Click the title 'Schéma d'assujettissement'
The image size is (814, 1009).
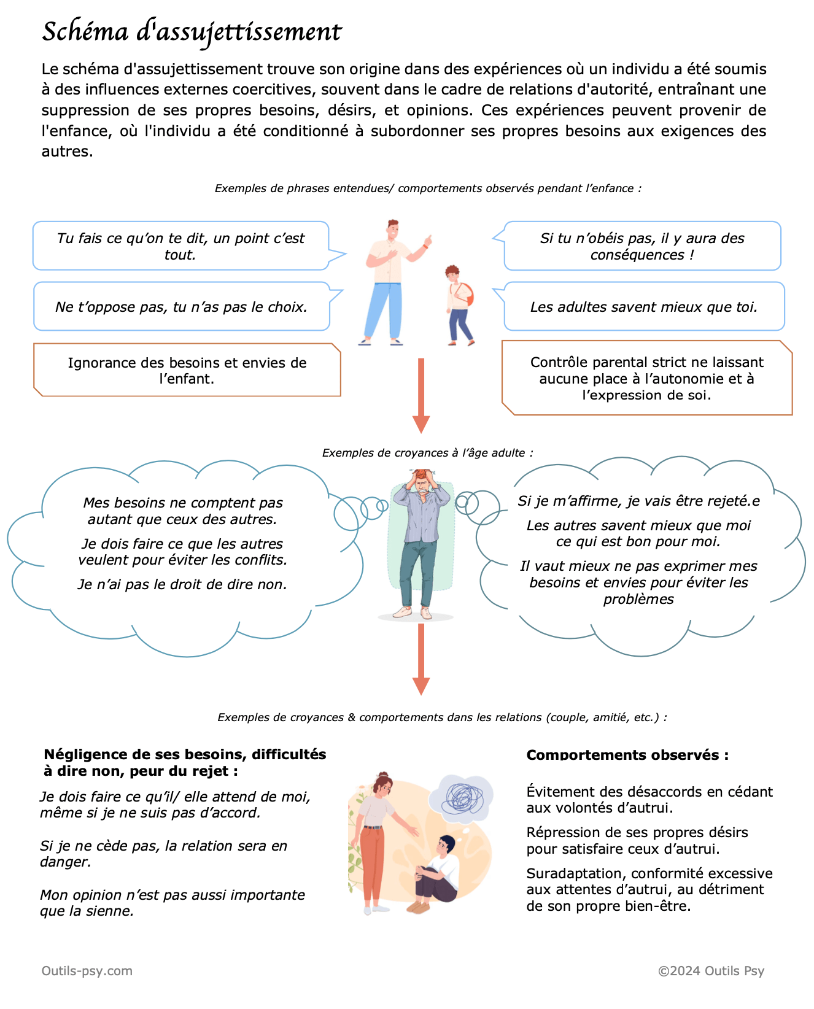coord(192,32)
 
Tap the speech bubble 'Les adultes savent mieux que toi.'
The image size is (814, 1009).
coord(643,306)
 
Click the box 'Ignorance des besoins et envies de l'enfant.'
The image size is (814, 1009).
coord(187,370)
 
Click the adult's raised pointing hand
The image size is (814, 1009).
coord(427,241)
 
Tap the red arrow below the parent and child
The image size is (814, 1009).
coord(421,395)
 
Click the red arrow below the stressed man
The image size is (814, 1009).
coord(421,659)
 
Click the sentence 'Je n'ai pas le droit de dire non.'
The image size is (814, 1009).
coord(182,584)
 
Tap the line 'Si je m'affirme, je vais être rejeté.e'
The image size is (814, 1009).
coord(638,501)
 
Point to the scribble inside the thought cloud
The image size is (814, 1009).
coord(464,798)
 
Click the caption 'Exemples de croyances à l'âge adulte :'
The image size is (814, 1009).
coord(428,452)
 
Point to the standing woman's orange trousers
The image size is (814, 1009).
coord(373,864)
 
